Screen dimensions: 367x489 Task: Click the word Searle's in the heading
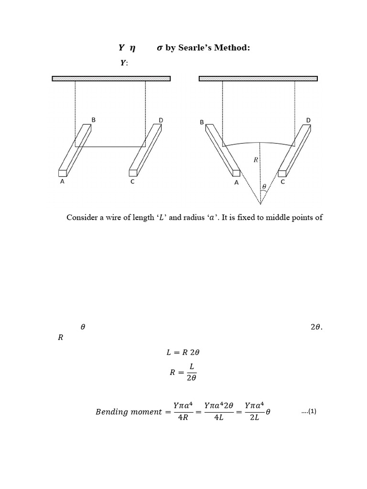(x=196, y=48)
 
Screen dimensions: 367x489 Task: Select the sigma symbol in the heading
(x=160, y=48)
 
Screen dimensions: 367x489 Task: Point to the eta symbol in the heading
(x=132, y=48)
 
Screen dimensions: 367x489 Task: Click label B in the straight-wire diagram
(x=94, y=120)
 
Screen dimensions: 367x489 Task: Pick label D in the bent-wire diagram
(x=308, y=120)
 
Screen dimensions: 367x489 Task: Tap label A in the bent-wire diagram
(x=236, y=182)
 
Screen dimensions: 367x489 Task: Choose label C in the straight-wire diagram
(x=132, y=182)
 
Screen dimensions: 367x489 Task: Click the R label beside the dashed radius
(x=256, y=160)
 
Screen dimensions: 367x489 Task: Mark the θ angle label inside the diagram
(x=263, y=187)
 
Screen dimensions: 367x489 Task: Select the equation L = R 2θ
(x=183, y=352)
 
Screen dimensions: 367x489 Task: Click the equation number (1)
(x=309, y=411)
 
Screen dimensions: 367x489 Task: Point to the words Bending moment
(x=129, y=412)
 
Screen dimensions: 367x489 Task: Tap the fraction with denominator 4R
(x=183, y=412)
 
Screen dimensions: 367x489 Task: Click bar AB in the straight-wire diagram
(x=75, y=150)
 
